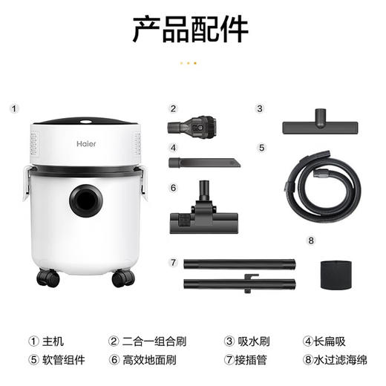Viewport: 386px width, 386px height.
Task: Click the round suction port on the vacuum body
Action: pos(85,200)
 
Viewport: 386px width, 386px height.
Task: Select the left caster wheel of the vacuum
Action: pos(47,278)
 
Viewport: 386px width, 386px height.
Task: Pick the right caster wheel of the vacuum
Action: pos(122,278)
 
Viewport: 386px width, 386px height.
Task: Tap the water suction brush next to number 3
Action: pos(320,123)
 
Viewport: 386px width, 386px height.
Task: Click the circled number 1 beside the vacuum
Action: pos(14,108)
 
